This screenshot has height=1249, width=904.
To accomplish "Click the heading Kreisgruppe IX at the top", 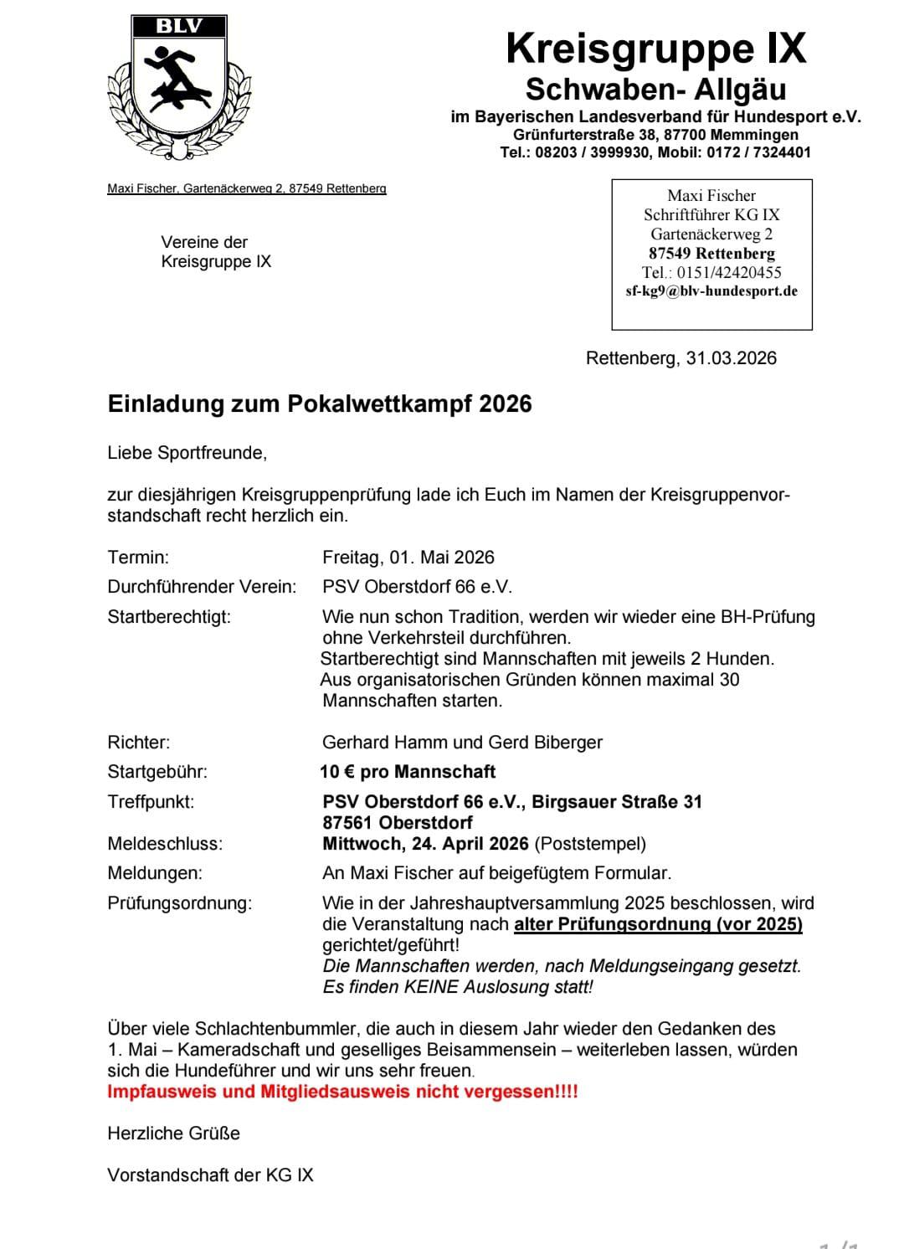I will [x=655, y=49].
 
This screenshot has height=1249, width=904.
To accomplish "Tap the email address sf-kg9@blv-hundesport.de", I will [x=711, y=291].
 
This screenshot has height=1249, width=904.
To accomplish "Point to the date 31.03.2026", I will [x=731, y=358].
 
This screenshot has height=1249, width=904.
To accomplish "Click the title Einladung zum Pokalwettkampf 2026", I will [x=320, y=404].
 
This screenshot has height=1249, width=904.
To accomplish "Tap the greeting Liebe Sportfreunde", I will [x=187, y=453].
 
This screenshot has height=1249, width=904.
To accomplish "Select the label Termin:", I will [x=138, y=558].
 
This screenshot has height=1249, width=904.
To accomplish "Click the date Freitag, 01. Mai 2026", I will [x=408, y=558].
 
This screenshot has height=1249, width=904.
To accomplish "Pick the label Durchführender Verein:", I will [x=202, y=587].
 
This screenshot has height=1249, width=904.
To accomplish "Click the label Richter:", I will [x=139, y=743].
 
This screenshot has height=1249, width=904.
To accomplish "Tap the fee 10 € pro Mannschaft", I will [x=408, y=772].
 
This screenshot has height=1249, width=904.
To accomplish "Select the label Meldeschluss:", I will [x=165, y=844].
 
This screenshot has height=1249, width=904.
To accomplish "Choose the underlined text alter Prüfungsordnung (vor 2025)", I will [x=658, y=924].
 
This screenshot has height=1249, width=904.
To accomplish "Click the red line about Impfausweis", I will [x=342, y=1092].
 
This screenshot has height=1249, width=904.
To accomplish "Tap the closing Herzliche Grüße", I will [x=173, y=1133].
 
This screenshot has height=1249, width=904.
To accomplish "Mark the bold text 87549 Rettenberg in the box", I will [x=711, y=253].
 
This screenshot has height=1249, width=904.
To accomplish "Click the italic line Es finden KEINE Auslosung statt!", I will [x=458, y=987].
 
